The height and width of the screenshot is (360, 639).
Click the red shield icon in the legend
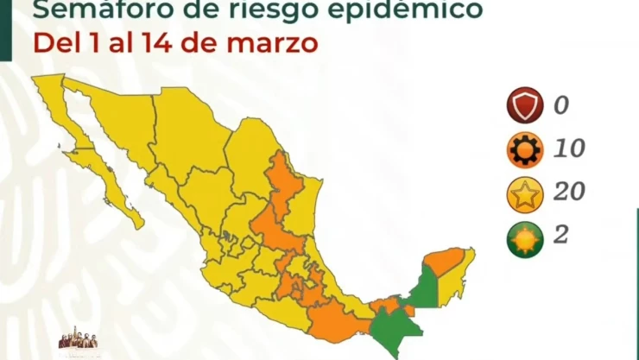tap(524, 108)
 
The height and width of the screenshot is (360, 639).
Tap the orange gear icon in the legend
tap(524, 150)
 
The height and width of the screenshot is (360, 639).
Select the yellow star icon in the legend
tap(524, 193)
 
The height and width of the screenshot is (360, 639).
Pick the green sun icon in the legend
tap(524, 237)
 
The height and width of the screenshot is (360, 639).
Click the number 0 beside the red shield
tap(561, 107)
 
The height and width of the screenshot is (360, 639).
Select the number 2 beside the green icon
tap(560, 235)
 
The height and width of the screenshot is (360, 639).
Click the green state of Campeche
tap(425, 287)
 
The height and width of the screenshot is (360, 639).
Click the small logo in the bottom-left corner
tap(77, 343)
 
